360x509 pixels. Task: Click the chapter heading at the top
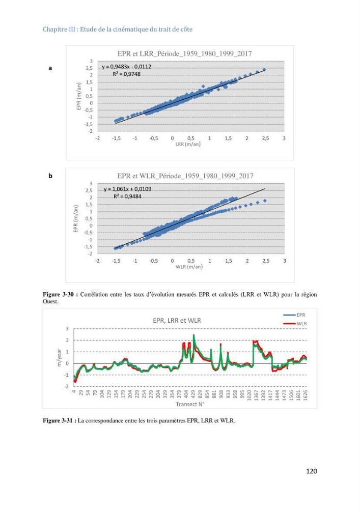[118, 29]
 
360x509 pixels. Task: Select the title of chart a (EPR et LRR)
[184, 53]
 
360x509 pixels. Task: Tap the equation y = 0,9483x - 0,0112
[127, 67]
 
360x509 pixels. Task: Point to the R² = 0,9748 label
[127, 74]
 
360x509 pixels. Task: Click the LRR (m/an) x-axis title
[188, 144]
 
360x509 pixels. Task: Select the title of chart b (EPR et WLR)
[185, 176]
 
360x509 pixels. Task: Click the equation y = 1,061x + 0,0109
[128, 189]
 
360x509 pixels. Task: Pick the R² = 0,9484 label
[127, 196]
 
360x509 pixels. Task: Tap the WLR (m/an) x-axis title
[189, 267]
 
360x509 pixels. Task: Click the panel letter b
[50, 176]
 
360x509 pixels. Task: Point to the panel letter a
[50, 68]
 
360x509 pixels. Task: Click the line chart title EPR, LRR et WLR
[177, 320]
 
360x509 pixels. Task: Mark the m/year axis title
[59, 358]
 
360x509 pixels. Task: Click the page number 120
[311, 471]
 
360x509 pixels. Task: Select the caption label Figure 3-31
[60, 421]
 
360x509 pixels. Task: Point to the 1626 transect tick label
[305, 395]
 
